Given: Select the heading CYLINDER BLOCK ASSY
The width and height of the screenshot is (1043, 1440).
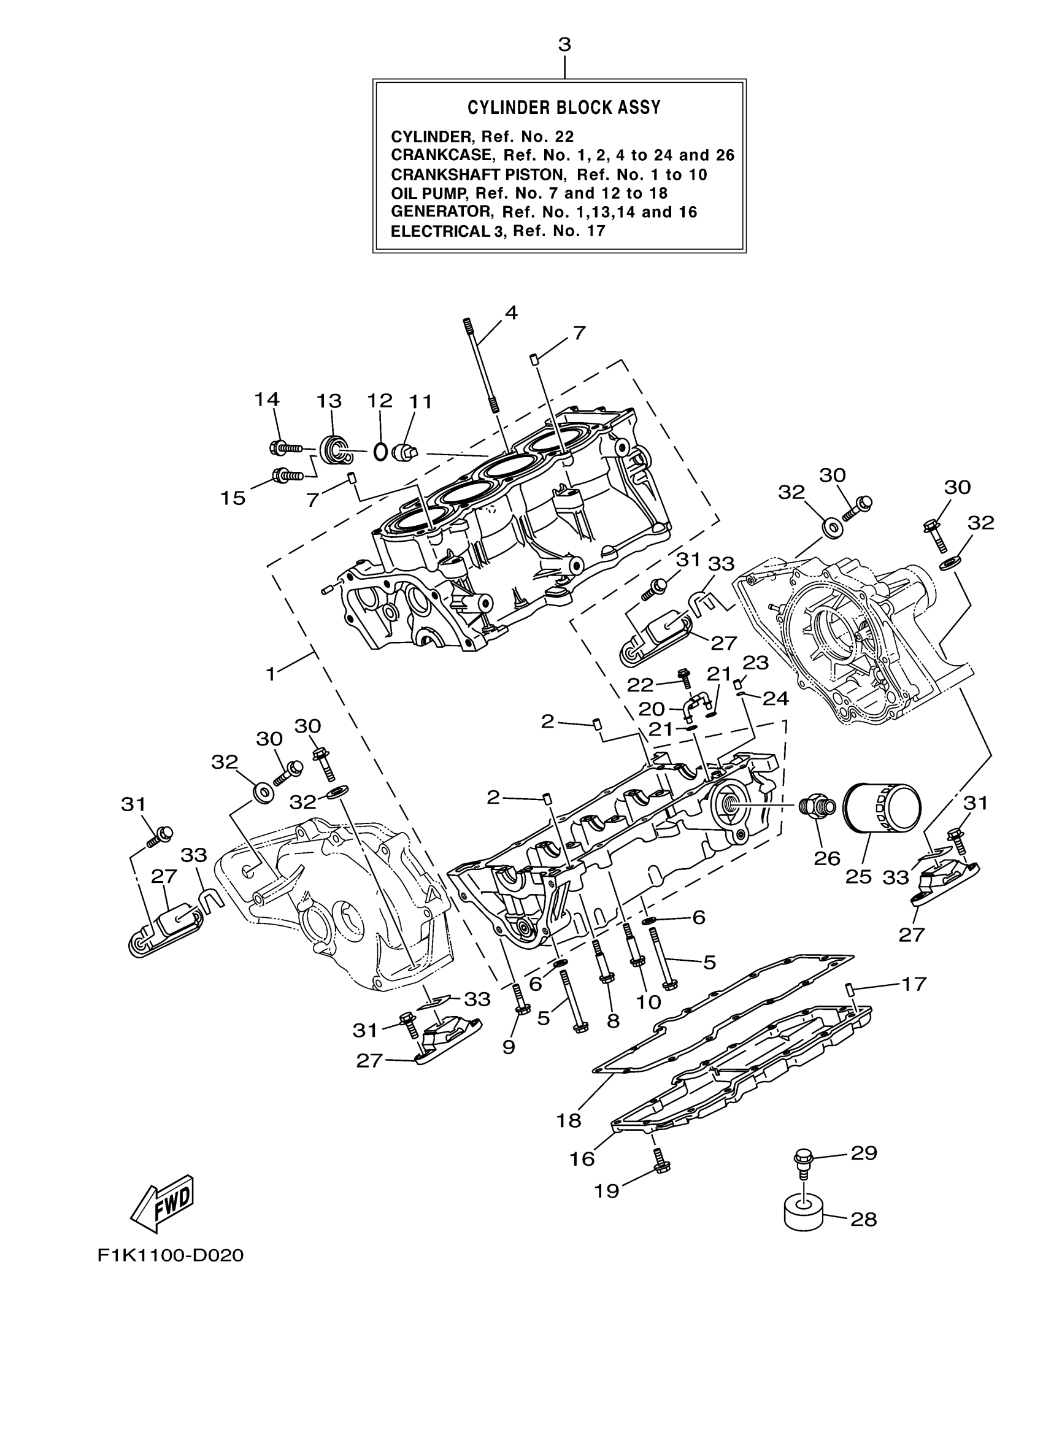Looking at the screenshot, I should click(x=564, y=107).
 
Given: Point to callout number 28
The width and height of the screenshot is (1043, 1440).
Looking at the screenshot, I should click(x=863, y=1219).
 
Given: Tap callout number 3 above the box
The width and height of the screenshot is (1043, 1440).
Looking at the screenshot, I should click(x=564, y=45).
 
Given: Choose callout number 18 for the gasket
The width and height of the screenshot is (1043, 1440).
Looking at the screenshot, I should click(x=569, y=1122).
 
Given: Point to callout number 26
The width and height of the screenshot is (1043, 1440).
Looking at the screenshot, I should click(x=827, y=858).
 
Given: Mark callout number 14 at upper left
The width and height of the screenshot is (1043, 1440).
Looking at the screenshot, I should click(x=267, y=399).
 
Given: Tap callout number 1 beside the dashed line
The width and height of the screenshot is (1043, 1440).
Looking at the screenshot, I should click(x=271, y=674).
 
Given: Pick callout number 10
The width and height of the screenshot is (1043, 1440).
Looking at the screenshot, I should click(x=648, y=1001).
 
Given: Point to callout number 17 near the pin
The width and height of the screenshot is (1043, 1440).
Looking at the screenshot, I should click(x=914, y=984).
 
